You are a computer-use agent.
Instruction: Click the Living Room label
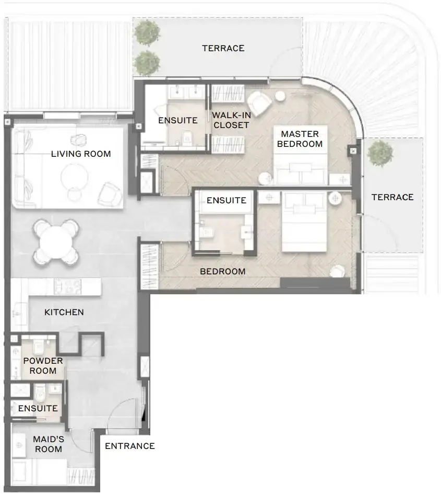[81, 154]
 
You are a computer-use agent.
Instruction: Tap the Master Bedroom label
[300, 139]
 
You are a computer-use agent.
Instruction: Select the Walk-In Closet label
[231, 120]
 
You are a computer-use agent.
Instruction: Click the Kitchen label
[64, 312]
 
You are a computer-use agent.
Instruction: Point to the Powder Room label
[43, 366]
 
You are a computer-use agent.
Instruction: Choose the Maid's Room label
[49, 444]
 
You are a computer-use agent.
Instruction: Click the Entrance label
[130, 446]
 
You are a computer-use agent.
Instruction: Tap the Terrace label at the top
[223, 49]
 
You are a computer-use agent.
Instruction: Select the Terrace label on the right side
[392, 198]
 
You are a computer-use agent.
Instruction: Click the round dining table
[56, 242]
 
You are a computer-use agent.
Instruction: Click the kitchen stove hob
[68, 286]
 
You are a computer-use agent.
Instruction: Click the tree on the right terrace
[380, 154]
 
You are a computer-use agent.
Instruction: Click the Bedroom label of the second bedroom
[223, 271]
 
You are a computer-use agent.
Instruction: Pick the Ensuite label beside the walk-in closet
[178, 121]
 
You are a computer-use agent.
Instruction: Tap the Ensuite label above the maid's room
[38, 408]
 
